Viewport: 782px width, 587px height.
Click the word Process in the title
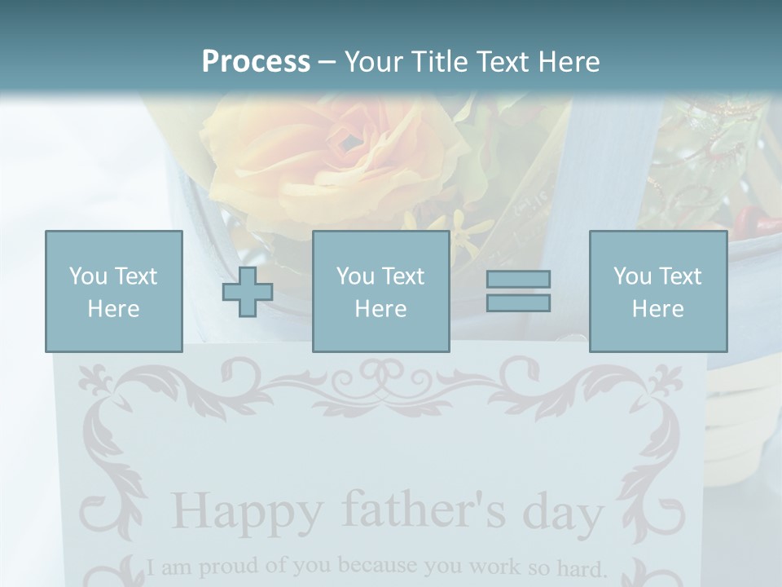pos(256,61)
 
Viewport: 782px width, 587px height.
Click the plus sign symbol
pos(248,291)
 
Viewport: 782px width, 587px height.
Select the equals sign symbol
pos(518,291)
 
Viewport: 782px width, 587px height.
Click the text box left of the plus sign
pos(114,291)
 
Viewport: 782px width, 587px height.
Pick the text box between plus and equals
pos(381,291)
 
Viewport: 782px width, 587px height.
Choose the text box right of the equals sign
pos(658,291)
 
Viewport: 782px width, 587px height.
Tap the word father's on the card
pos(415,510)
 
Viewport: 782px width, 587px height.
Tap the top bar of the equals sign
pos(518,279)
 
